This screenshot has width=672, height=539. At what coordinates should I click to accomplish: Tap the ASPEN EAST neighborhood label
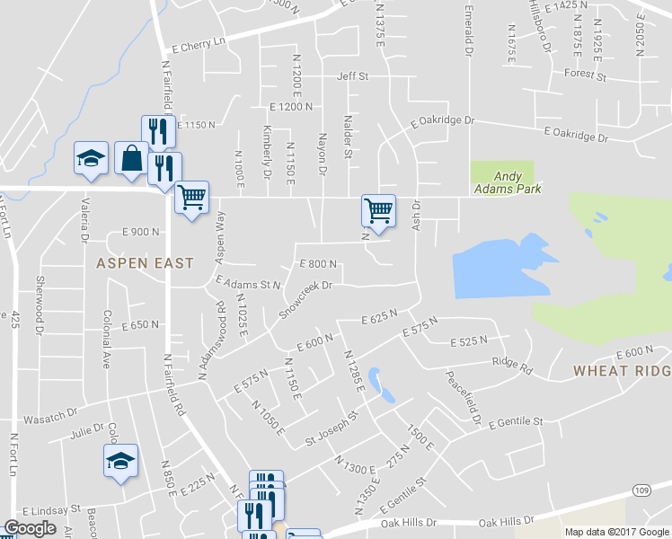pos(145,263)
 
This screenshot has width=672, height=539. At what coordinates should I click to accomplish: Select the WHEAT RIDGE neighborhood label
pos(622,371)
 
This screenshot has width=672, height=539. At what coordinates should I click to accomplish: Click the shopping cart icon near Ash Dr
pos(379,209)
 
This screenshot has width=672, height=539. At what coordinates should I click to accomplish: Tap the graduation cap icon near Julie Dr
pos(120,461)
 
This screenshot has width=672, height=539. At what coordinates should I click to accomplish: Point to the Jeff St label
pos(353,77)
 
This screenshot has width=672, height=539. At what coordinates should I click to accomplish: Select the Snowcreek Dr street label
pos(305,297)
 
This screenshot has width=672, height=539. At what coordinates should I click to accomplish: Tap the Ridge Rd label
pos(512,367)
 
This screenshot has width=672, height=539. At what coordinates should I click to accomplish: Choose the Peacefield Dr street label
pos(461,394)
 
